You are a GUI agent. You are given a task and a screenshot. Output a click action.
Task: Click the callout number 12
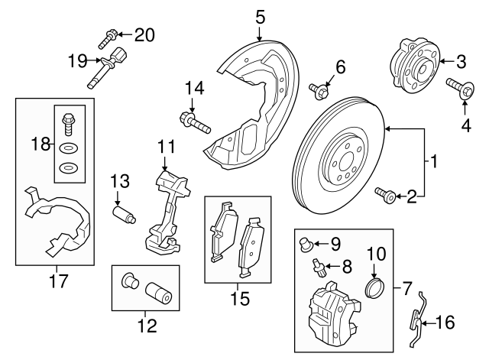pos(146,326)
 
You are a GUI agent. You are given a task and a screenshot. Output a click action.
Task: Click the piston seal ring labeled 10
pos(374,287)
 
